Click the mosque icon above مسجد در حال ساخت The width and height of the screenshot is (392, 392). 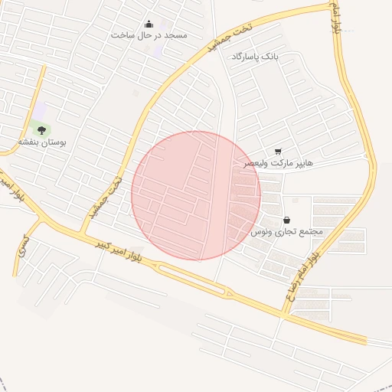[149, 24]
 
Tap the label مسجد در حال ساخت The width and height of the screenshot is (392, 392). [149, 35]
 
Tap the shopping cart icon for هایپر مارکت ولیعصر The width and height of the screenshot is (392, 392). [277, 152]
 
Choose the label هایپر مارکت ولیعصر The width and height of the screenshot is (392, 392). [278, 163]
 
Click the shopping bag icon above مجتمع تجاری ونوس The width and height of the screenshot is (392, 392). [287, 219]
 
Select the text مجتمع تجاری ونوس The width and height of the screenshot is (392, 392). [287, 230]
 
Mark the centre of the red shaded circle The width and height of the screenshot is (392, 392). [196, 195]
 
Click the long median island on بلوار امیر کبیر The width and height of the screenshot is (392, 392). [191, 276]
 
